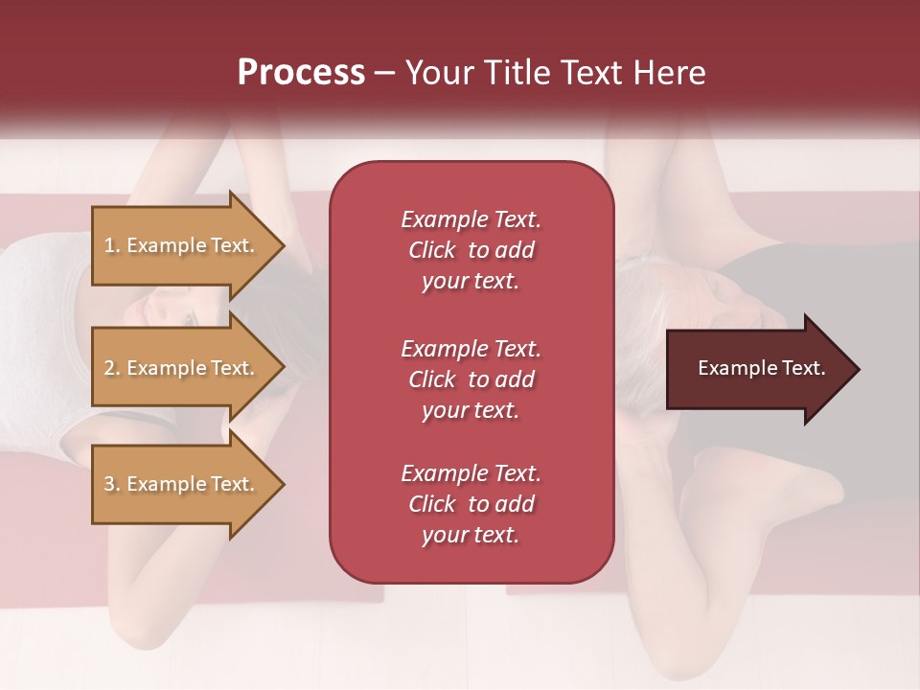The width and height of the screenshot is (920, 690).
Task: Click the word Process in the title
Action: coord(301,73)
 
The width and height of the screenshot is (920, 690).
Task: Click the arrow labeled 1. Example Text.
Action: coord(182,245)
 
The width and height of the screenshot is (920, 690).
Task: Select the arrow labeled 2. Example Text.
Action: coord(182,368)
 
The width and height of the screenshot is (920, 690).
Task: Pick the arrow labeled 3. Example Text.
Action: coord(182,484)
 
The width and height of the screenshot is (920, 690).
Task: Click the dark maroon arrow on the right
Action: coord(757,369)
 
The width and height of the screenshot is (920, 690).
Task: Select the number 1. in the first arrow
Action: coord(112,245)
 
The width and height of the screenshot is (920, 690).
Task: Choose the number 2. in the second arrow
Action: coord(112,368)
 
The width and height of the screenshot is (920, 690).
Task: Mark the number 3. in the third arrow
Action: coord(112,484)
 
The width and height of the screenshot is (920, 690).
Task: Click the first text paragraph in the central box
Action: coord(471,250)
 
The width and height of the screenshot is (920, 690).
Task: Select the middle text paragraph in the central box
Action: coord(471,379)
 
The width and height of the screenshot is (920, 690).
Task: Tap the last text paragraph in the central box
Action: coord(471,504)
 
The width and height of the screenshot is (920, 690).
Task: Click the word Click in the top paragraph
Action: coord(432,250)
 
